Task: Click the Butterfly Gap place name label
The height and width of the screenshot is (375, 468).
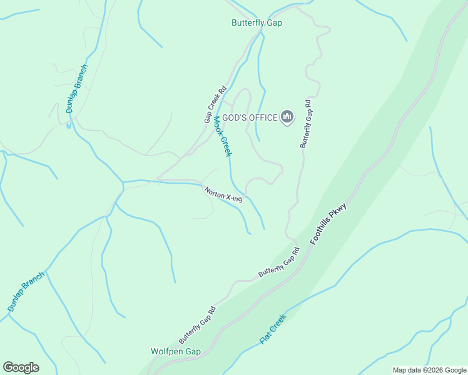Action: point(257,23)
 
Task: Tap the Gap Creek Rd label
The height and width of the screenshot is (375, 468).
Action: point(215,104)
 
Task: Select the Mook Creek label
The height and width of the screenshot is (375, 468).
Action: point(222,136)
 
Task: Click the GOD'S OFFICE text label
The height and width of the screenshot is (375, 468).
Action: point(250,117)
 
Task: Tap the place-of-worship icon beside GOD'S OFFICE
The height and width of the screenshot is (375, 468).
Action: point(287,117)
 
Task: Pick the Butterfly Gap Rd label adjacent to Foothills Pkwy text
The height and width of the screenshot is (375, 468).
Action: point(279,262)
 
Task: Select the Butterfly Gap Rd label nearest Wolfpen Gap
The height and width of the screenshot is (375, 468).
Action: point(197,324)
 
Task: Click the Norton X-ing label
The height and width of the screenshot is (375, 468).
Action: point(223,194)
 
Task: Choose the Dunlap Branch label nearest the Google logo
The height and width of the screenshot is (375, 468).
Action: point(26,292)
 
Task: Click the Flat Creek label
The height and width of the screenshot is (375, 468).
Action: point(273,329)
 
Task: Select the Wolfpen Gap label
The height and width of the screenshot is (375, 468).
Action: point(176,351)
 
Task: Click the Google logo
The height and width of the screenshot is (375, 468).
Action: point(21,367)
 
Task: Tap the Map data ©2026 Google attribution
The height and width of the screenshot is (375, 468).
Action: point(429,370)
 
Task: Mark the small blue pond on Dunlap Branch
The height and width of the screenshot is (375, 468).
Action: point(68,125)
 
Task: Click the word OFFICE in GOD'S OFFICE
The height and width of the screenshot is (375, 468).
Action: point(263,117)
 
